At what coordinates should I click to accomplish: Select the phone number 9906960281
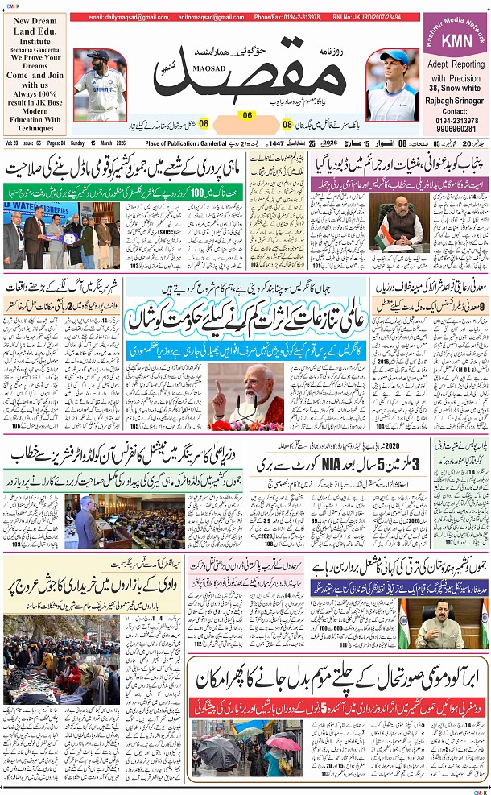pos(455,129)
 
